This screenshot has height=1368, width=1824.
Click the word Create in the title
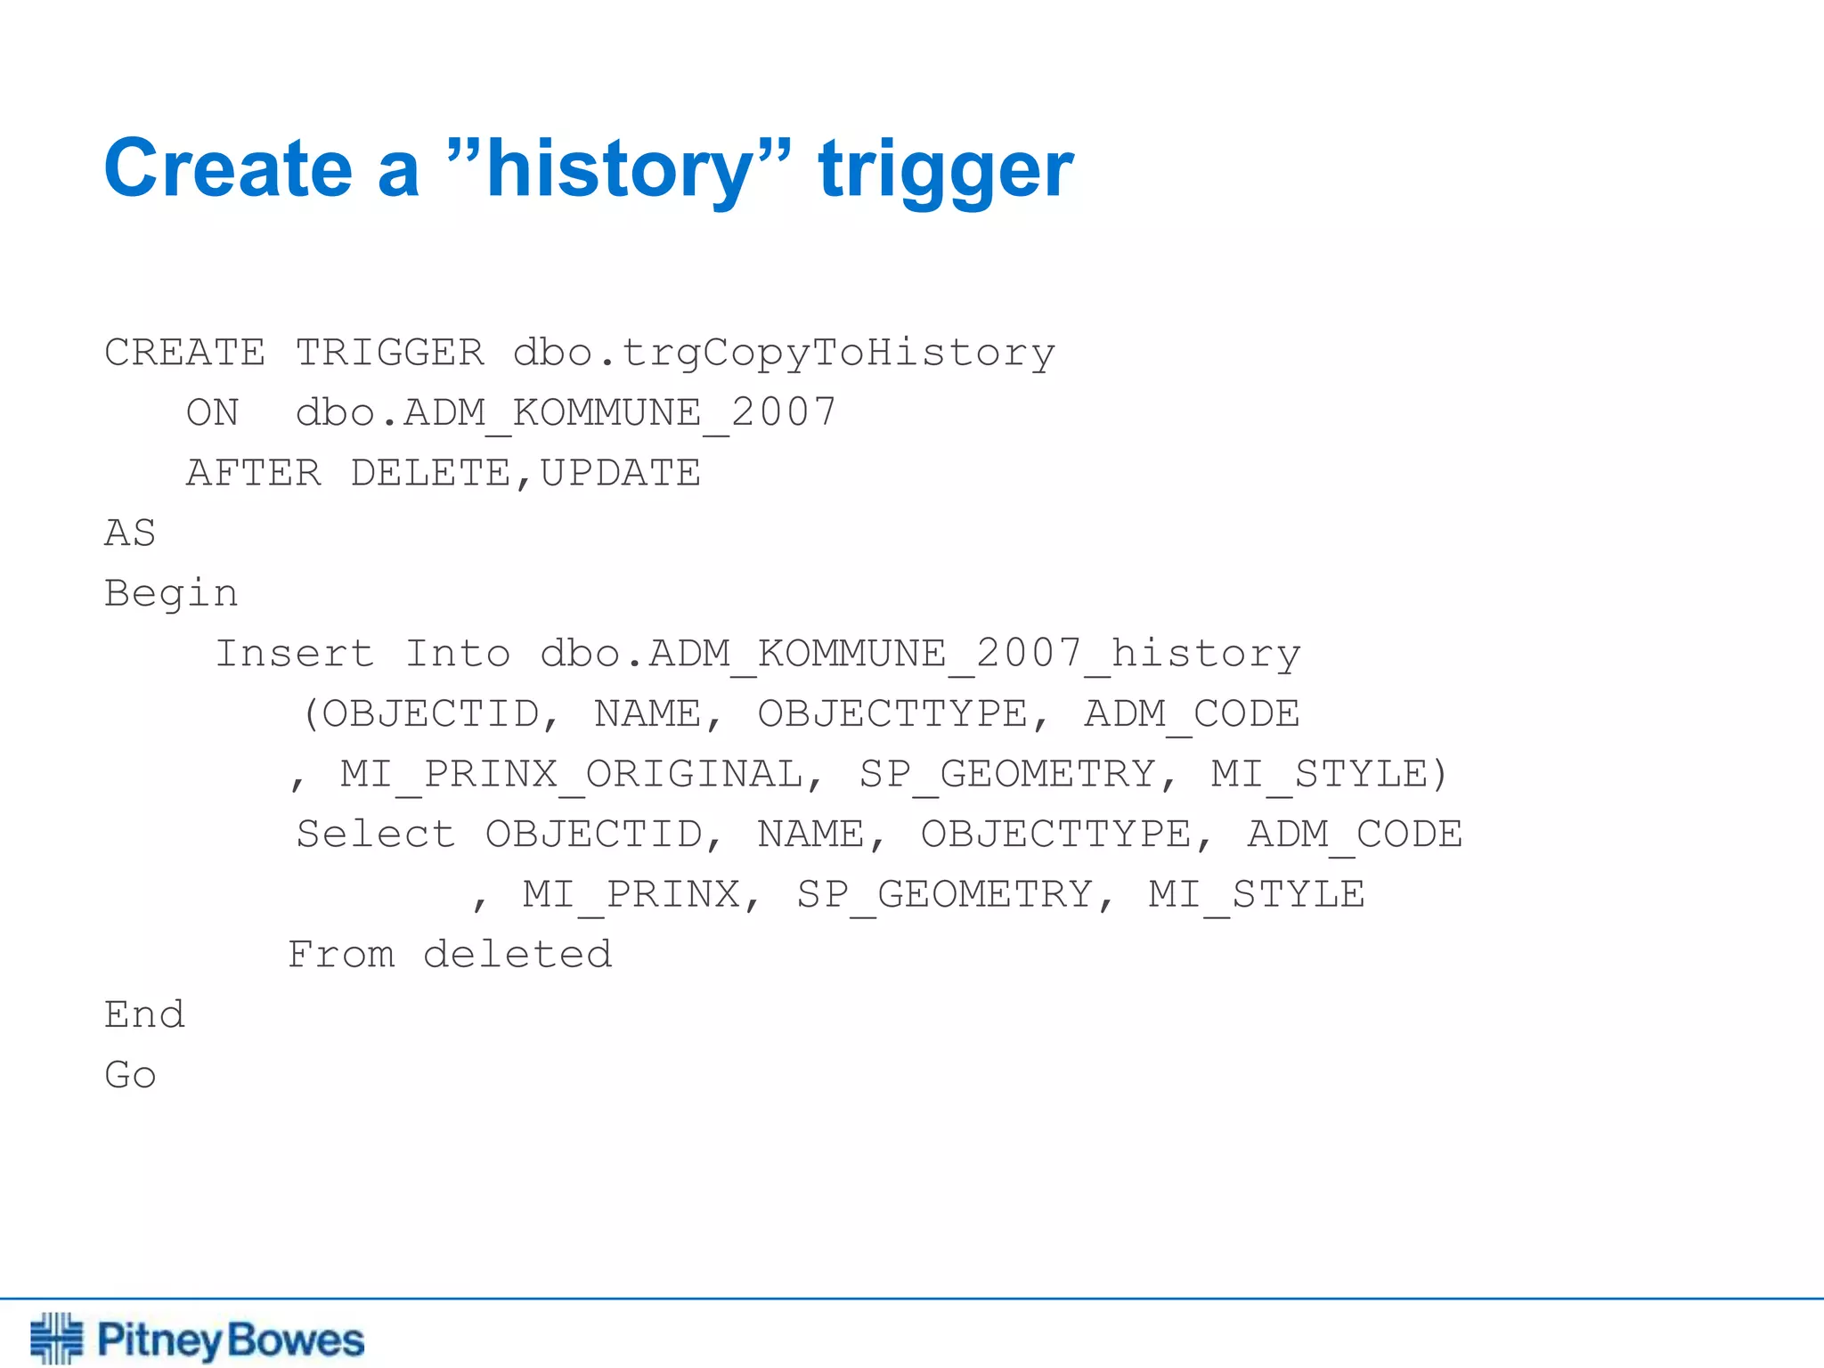click(228, 169)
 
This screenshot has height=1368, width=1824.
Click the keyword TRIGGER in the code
click(390, 353)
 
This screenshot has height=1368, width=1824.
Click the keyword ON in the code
click(213, 413)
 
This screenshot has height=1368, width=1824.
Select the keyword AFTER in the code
click(254, 473)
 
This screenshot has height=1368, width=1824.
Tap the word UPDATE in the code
click(621, 473)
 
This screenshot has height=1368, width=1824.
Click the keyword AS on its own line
click(130, 533)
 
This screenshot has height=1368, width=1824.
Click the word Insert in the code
click(295, 654)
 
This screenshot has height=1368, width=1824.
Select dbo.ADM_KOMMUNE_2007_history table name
click(920, 655)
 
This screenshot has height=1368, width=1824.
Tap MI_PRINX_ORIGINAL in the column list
click(572, 775)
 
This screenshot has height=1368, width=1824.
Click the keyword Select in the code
click(376, 835)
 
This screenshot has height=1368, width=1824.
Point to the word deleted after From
click(517, 955)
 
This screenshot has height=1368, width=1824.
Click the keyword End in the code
click(144, 1015)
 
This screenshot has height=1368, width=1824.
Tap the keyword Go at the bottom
click(130, 1075)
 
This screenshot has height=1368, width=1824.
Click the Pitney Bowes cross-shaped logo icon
click(56, 1338)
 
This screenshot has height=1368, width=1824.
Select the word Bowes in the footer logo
click(296, 1340)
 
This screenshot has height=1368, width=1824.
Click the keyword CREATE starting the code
click(184, 353)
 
